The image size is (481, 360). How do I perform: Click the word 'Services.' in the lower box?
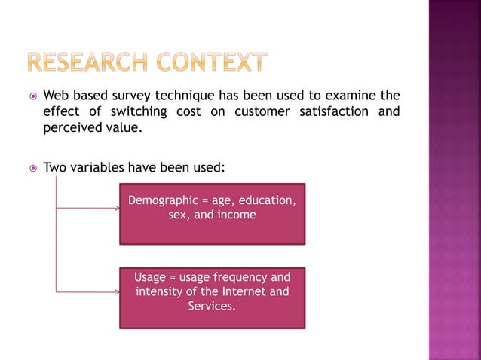212,306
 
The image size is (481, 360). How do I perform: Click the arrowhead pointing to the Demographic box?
117,209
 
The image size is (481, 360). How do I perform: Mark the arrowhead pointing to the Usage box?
117,292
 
